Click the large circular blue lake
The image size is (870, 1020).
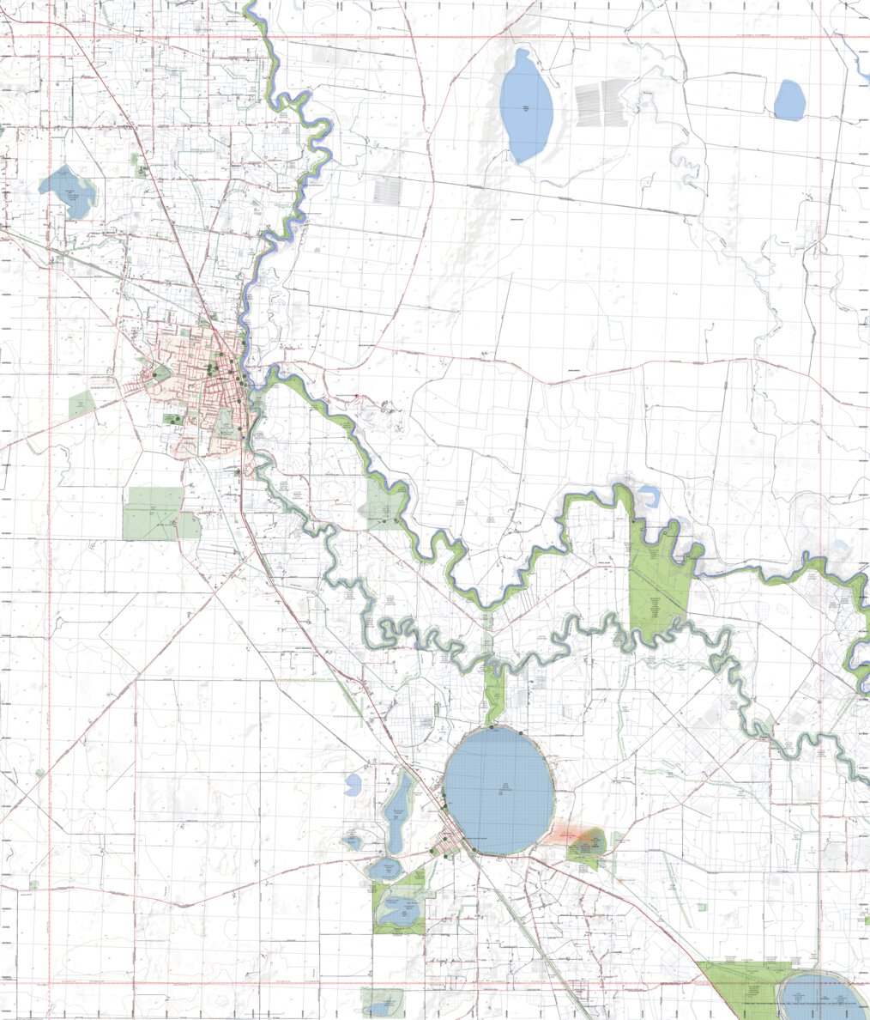pos(498,791)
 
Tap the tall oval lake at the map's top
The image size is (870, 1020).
pos(527,106)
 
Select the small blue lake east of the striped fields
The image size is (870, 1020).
pos(789,100)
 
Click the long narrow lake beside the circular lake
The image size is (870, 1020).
pos(397,811)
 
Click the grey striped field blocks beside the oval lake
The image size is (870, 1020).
pos(602,102)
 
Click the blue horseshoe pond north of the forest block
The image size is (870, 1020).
pos(649,495)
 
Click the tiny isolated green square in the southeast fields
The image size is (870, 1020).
pos(702,907)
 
